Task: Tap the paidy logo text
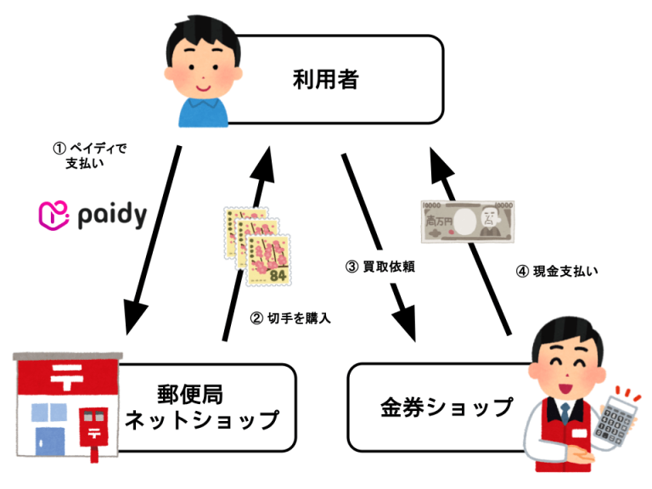[x=111, y=216]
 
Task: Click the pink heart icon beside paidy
[x=53, y=216]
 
